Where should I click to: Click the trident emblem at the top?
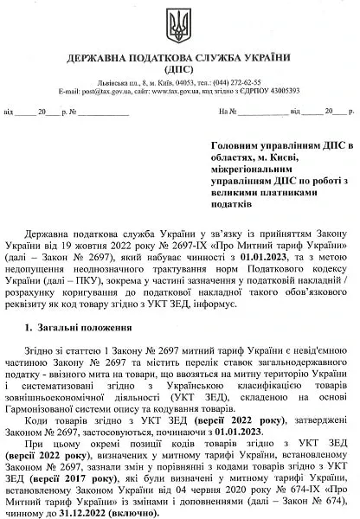click(x=180, y=23)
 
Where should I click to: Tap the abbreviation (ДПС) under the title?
click(x=180, y=68)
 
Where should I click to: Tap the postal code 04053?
click(x=166, y=81)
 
